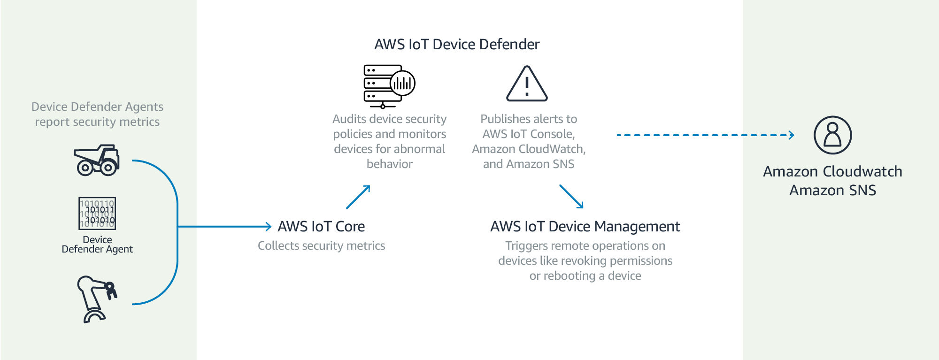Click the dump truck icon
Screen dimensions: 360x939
point(97,161)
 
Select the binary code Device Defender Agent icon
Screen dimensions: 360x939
point(97,214)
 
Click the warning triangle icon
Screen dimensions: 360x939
point(527,84)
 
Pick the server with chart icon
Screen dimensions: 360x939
point(389,86)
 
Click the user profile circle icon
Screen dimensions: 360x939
point(832,135)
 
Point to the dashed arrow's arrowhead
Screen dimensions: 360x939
point(792,135)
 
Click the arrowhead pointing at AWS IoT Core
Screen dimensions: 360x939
point(269,227)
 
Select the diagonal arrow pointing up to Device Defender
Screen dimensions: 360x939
point(358,197)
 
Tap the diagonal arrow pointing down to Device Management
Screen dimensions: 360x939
point(571,196)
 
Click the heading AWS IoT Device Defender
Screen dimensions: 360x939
point(457,44)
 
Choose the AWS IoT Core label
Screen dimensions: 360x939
point(321,227)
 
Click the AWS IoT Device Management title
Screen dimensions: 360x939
point(585,227)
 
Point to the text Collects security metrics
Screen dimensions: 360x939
point(321,246)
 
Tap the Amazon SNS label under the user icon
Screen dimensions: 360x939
point(832,191)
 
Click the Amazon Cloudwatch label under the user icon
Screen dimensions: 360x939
point(832,172)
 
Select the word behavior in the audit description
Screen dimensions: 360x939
point(389,164)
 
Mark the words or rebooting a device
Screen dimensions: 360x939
point(585,276)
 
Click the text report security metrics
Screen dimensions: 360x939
point(97,122)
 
